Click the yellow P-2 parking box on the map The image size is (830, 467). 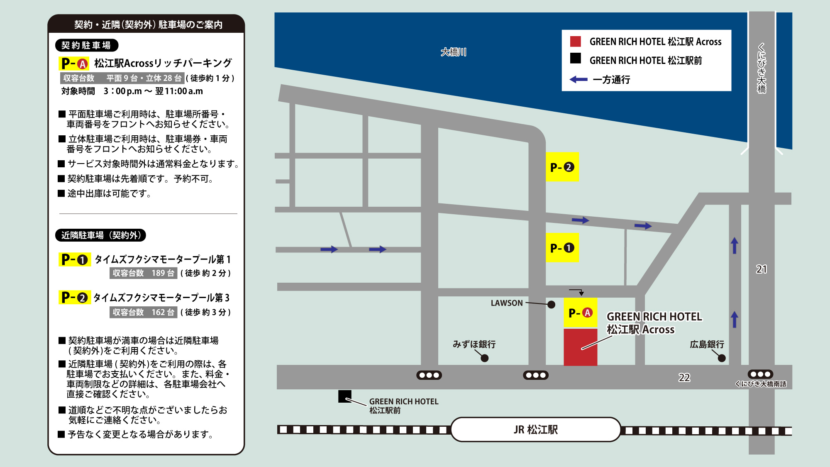tap(562, 167)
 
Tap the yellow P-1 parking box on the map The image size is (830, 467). tap(562, 248)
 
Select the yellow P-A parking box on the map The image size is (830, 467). tap(580, 313)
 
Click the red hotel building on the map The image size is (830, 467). tap(580, 347)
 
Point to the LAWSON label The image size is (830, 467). tap(507, 303)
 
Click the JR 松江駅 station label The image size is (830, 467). tap(535, 430)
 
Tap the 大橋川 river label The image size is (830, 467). tap(453, 52)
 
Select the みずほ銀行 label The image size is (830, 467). tap(474, 344)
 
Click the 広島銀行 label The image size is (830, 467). tap(707, 344)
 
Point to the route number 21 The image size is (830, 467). tap(761, 269)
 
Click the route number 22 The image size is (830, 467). tap(684, 377)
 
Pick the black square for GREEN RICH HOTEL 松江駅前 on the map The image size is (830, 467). tap(345, 396)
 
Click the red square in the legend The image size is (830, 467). tap(575, 42)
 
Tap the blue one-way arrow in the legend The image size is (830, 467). tap(579, 79)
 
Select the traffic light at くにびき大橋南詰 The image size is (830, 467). tap(760, 374)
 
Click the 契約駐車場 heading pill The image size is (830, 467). tap(86, 45)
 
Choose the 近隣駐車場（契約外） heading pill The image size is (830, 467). tap(100, 235)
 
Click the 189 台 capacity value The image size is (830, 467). tap(163, 273)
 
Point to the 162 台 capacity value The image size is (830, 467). tap(163, 312)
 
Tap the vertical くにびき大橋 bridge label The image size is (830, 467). tap(762, 68)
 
